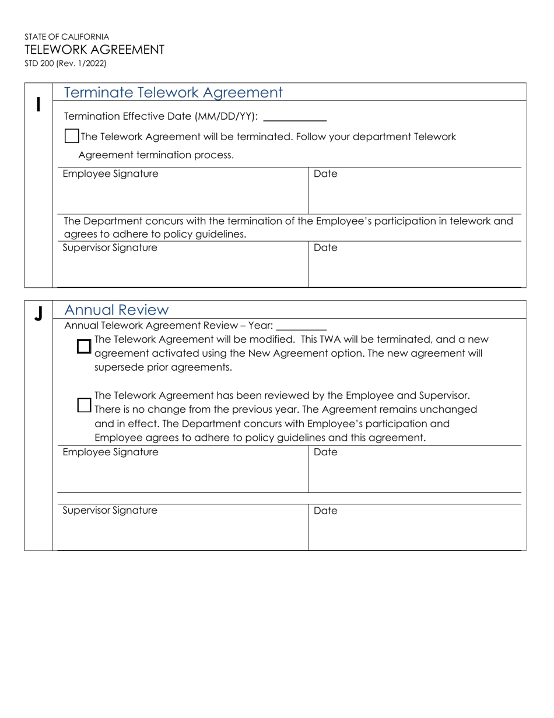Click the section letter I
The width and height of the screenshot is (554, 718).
pos(38,104)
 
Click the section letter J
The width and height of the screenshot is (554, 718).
pos(38,314)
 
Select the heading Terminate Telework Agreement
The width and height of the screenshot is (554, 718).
pos(173,92)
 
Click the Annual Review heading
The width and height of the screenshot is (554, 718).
pos(116,309)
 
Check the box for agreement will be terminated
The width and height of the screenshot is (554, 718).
pos(71,136)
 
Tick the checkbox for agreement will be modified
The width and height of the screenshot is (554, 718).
pos(84,346)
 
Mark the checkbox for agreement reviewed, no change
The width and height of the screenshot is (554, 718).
pos(84,405)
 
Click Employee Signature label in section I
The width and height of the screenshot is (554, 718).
pos(110,174)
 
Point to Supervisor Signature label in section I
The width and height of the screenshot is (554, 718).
pos(110,248)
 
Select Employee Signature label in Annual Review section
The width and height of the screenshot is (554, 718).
pos(110,452)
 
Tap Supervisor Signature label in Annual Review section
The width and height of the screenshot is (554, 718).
pos(110,510)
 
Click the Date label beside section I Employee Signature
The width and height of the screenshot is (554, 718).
pos(325,174)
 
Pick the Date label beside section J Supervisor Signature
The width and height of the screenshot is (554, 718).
pos(325,510)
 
